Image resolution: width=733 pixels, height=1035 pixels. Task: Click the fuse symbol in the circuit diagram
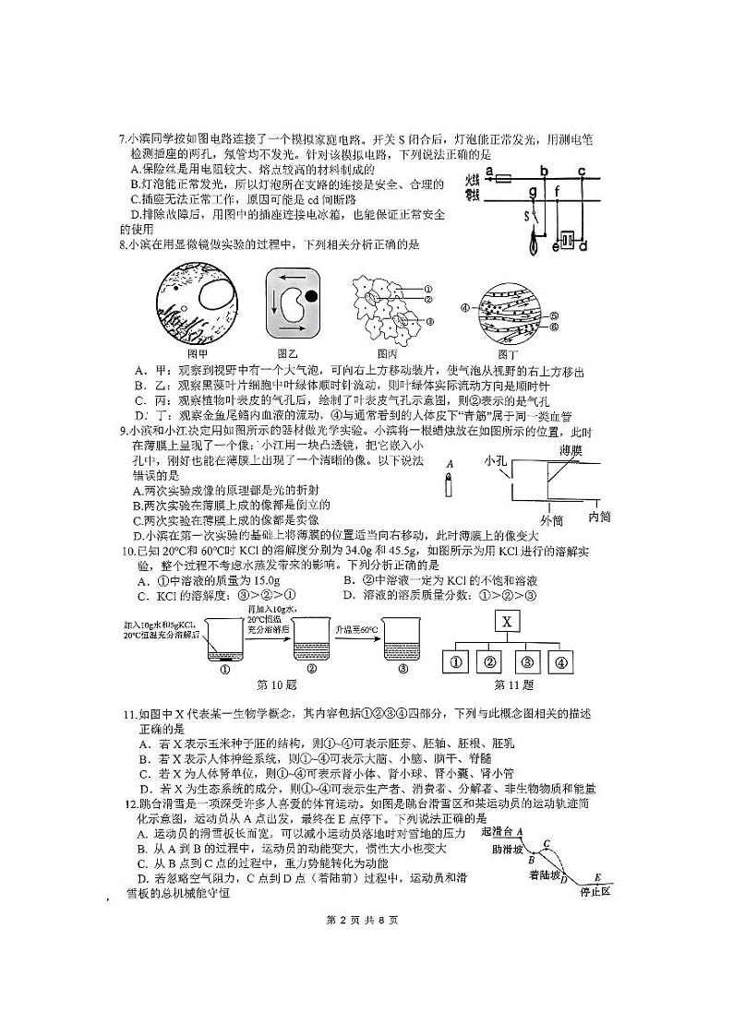(504, 180)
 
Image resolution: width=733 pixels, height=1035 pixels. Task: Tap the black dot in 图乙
(313, 296)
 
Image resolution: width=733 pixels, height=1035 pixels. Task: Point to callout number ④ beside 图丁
(465, 307)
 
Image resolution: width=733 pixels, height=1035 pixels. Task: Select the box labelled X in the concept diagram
(507, 621)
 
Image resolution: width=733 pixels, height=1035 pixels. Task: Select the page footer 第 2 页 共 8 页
(366, 920)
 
